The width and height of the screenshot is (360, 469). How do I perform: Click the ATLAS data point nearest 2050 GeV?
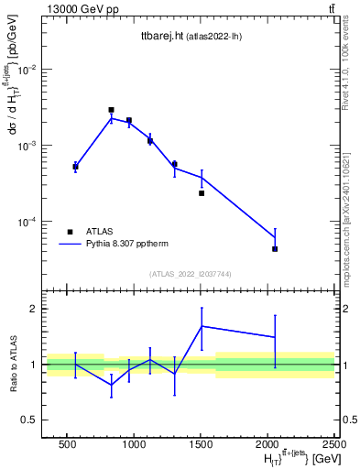(x=275, y=248)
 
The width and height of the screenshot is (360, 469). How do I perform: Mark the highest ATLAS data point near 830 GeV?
(x=111, y=110)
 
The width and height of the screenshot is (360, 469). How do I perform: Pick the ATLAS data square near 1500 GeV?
(x=202, y=192)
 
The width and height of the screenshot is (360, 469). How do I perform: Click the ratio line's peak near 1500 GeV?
(x=202, y=326)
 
